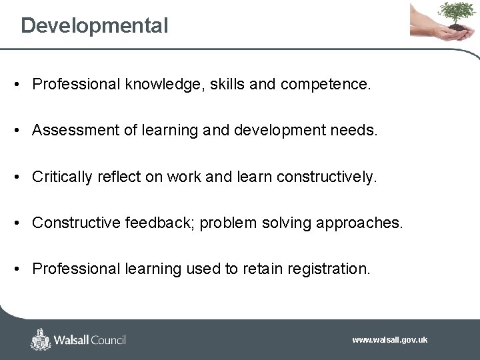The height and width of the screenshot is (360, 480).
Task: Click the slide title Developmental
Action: tap(94, 26)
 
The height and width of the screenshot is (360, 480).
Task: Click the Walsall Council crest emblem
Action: tap(41, 339)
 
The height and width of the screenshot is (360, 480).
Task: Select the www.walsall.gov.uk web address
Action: tap(389, 340)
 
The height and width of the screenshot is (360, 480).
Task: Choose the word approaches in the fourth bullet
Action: tap(360, 223)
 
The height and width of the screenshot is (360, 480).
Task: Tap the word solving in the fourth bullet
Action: tap(288, 223)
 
